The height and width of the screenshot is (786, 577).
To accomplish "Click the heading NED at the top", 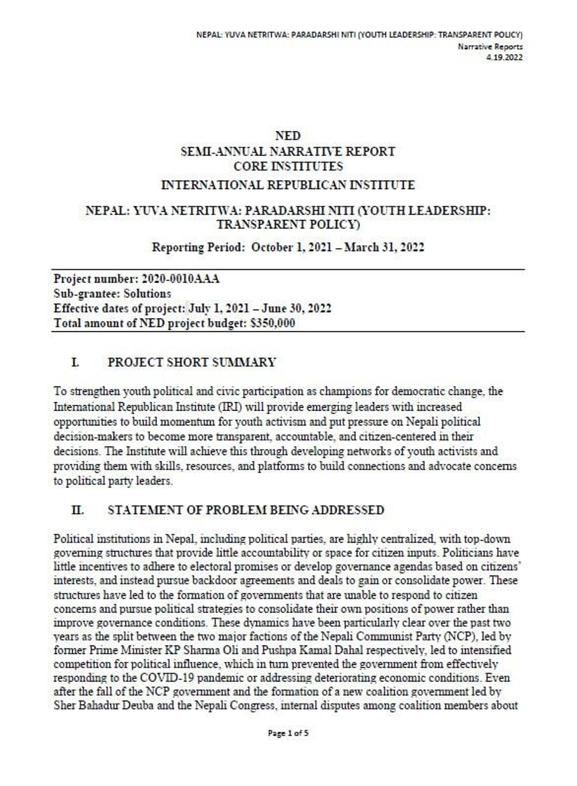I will click(x=288, y=136).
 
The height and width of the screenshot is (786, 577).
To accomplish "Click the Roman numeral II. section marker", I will click(x=78, y=510).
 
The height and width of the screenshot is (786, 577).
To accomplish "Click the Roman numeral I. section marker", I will click(x=75, y=362).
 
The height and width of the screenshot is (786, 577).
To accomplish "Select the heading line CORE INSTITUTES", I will click(x=288, y=166).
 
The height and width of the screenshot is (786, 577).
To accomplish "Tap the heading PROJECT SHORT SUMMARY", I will click(x=192, y=362).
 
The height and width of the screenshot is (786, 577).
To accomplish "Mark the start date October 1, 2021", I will click(x=291, y=247).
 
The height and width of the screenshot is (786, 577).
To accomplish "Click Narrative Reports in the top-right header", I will click(x=490, y=47).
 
